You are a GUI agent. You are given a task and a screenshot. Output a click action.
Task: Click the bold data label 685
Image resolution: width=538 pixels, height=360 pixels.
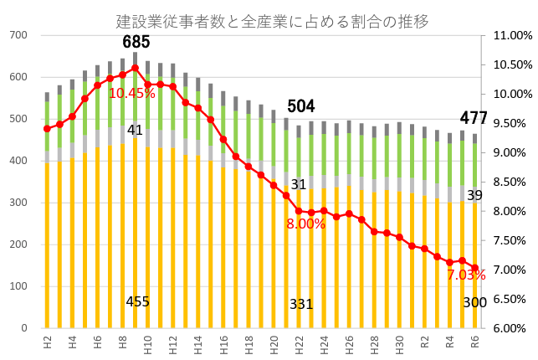pyautogui.click(x=136, y=42)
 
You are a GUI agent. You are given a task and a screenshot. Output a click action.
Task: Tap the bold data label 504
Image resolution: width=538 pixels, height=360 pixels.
pyautogui.click(x=301, y=106)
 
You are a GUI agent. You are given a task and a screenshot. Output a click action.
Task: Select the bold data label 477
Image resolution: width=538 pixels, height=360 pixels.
pyautogui.click(x=474, y=118)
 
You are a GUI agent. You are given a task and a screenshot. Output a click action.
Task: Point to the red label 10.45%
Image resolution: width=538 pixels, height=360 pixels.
pyautogui.click(x=131, y=93)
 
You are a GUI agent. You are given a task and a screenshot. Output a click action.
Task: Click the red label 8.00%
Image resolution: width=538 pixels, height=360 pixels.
pyautogui.click(x=305, y=224)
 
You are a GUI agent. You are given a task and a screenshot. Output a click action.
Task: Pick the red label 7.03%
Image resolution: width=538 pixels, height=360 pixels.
pyautogui.click(x=466, y=275)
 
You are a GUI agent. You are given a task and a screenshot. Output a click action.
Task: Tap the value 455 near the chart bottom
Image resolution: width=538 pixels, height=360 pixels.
pyautogui.click(x=138, y=301)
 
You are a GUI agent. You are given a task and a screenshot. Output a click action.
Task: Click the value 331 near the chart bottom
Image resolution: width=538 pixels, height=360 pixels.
pyautogui.click(x=301, y=304)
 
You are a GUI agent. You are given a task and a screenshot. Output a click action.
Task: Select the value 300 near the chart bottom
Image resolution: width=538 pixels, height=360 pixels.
pyautogui.click(x=474, y=302)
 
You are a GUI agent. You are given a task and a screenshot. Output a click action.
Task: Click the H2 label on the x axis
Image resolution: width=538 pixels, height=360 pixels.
pyautogui.click(x=47, y=342)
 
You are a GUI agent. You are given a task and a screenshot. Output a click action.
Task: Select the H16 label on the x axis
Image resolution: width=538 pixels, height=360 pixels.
pyautogui.click(x=223, y=344)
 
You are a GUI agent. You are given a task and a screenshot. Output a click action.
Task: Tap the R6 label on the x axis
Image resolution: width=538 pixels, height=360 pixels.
pyautogui.click(x=474, y=342)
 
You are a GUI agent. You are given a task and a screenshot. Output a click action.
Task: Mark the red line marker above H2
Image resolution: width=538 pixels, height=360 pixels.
pyautogui.click(x=47, y=129)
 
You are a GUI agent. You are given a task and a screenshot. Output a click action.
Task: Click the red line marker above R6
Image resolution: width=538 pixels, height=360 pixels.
pyautogui.click(x=474, y=268)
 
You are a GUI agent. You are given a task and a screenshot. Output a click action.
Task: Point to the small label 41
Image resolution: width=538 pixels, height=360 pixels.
pyautogui.click(x=135, y=130)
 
